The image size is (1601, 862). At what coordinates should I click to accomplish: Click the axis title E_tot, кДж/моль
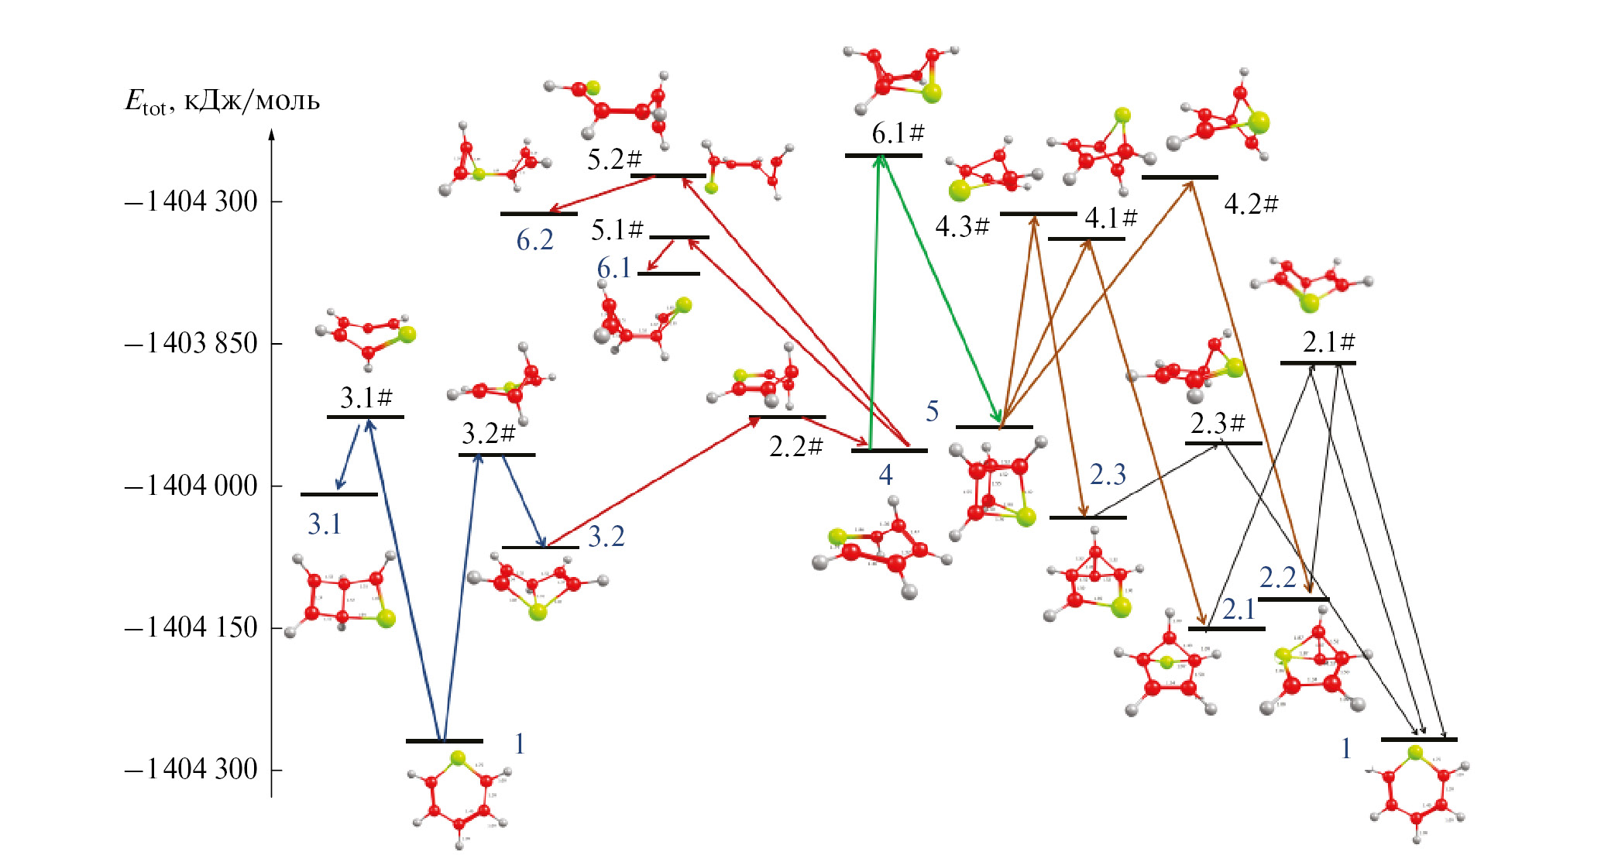point(222,101)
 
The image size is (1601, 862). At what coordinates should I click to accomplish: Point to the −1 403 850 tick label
point(191,343)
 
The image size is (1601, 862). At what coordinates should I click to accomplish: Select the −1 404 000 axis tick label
point(191,486)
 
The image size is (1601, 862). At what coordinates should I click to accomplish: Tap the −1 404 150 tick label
point(191,627)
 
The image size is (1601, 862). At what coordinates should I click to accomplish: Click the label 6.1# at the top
point(898,133)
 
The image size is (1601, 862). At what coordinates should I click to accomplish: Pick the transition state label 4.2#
point(1251,204)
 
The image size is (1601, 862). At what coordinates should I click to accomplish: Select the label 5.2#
point(614,160)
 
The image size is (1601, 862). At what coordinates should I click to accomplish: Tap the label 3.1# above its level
point(366,398)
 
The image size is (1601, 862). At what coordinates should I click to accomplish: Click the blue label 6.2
point(535,241)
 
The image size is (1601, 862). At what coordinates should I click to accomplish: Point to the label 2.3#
point(1218,424)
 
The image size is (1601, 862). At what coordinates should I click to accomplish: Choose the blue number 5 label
point(933,411)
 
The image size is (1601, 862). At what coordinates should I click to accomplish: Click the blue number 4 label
point(885,474)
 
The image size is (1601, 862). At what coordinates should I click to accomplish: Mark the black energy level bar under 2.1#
point(1318,362)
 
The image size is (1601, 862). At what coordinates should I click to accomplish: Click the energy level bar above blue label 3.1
point(339,494)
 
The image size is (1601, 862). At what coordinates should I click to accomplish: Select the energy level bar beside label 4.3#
point(1038,214)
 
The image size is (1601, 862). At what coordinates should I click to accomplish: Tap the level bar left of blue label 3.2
point(540,548)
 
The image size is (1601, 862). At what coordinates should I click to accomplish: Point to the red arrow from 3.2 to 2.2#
point(651,483)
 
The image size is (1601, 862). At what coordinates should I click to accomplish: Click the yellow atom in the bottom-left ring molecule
point(458,757)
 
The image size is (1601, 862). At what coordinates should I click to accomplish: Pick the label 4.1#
point(1111,218)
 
